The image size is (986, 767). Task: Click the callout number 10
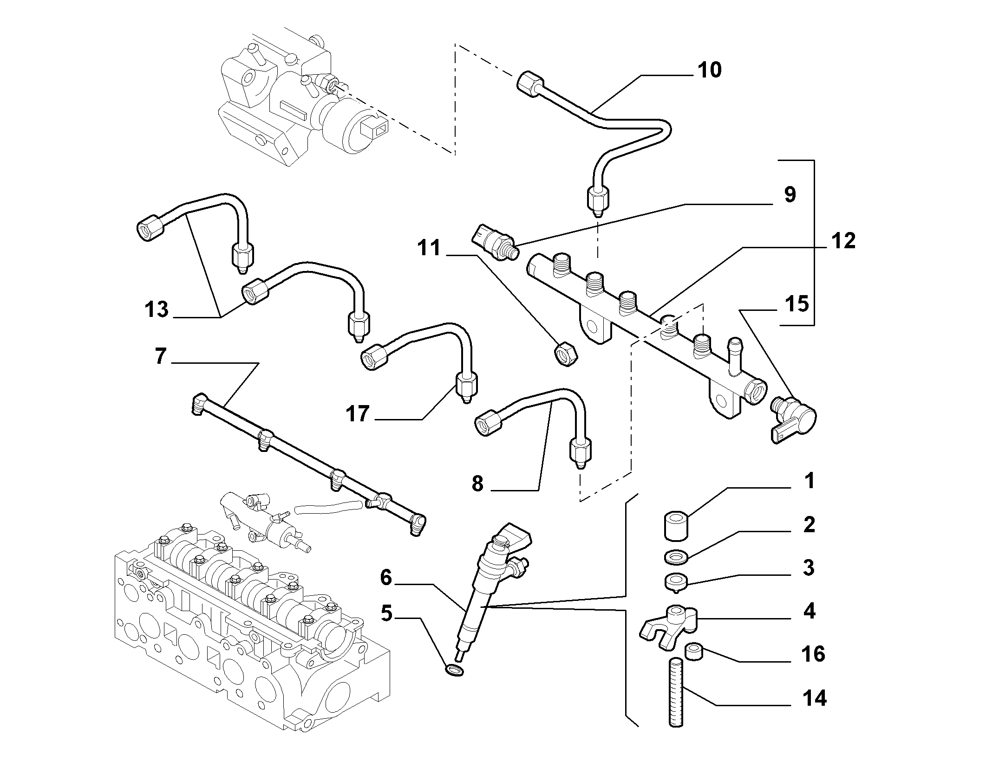709,70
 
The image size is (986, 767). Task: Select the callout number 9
790,194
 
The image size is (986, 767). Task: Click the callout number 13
157,309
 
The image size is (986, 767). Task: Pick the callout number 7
160,356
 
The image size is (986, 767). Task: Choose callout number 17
357,413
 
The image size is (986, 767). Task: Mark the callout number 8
477,484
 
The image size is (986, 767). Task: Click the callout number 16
812,654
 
